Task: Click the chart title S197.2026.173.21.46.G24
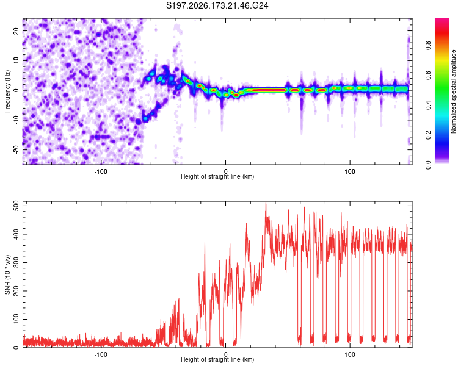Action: pyautogui.click(x=217, y=5)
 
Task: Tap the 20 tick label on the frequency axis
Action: pyautogui.click(x=16, y=31)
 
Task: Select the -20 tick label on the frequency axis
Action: pyautogui.click(x=16, y=149)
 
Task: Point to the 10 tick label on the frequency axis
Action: pyautogui.click(x=16, y=60)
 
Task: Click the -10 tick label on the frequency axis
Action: pyautogui.click(x=16, y=120)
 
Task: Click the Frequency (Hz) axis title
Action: pyautogui.click(x=7, y=91)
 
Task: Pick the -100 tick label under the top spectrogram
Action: pyautogui.click(x=101, y=171)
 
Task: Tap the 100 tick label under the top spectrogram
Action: pyautogui.click(x=350, y=171)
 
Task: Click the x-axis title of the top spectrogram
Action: pyautogui.click(x=217, y=176)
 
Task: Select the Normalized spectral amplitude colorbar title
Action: pyautogui.click(x=453, y=91)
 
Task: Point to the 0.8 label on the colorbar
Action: pyautogui.click(x=428, y=45)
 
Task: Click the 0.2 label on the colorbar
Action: pyautogui.click(x=428, y=135)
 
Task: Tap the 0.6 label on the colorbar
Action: pyautogui.click(x=428, y=75)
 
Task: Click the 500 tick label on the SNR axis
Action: pyautogui.click(x=16, y=206)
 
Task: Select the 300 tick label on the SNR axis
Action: pyautogui.click(x=16, y=263)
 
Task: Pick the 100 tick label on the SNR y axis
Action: pyautogui.click(x=16, y=319)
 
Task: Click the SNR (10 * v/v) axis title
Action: pyautogui.click(x=7, y=274)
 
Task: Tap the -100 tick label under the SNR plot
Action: pyautogui.click(x=101, y=354)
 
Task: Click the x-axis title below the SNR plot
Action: pyautogui.click(x=217, y=359)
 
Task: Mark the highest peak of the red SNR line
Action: pyautogui.click(x=266, y=203)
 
